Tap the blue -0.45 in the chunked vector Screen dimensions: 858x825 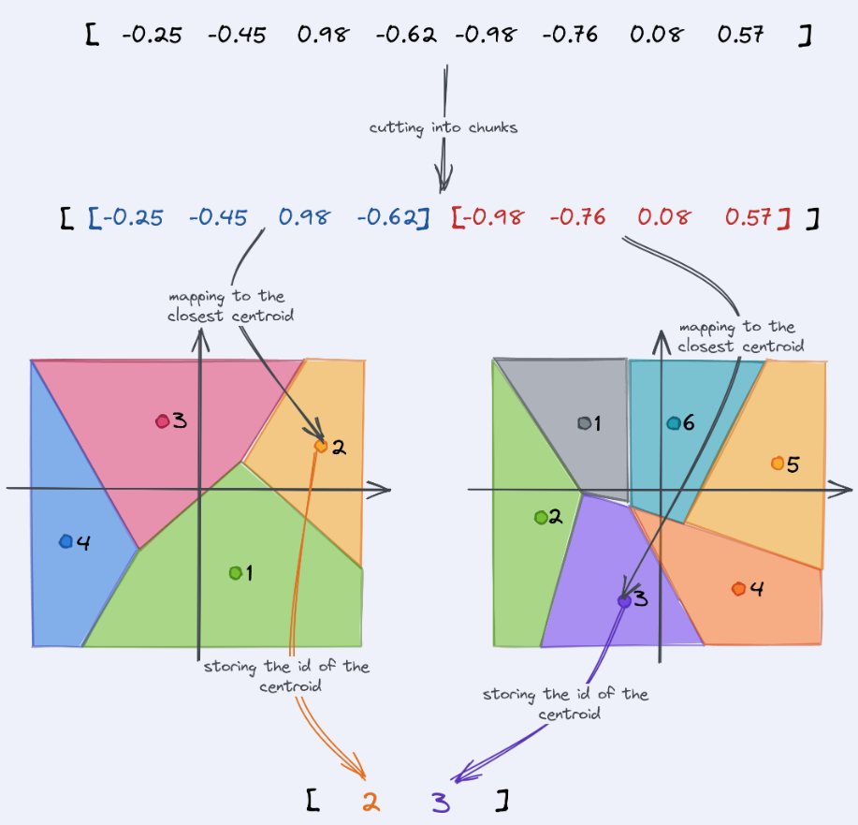pyautogui.click(x=218, y=218)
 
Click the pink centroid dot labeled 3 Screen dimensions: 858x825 pyautogui.click(x=162, y=421)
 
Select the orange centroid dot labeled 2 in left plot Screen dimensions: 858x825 pyautogui.click(x=321, y=447)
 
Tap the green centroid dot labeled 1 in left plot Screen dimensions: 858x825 pyautogui.click(x=235, y=572)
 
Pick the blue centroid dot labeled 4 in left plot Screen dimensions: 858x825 pyautogui.click(x=65, y=541)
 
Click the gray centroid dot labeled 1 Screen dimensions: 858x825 pyautogui.click(x=585, y=423)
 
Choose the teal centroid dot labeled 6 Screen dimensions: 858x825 pyautogui.click(x=673, y=423)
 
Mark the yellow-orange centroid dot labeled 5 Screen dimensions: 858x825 pyautogui.click(x=777, y=463)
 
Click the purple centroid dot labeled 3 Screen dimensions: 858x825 pyautogui.click(x=624, y=600)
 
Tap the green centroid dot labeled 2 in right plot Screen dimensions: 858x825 pyautogui.click(x=541, y=517)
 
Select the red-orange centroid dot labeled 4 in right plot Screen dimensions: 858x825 pyautogui.click(x=738, y=589)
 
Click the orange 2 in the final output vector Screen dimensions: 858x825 pyautogui.click(x=371, y=801)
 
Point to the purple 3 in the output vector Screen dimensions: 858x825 pyautogui.click(x=440, y=801)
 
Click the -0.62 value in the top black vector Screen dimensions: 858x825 pyautogui.click(x=406, y=36)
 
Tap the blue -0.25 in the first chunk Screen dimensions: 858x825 pyautogui.click(x=132, y=218)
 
